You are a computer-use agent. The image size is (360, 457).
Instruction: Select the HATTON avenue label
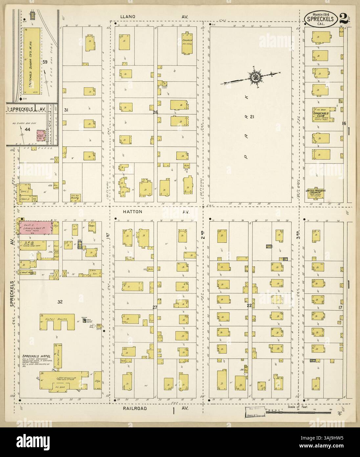pos(135,212)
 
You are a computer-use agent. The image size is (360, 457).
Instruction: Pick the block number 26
pos(156,112)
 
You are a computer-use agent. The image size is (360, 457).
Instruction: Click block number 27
pos(155,308)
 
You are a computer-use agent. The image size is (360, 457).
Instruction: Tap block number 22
pos(249,305)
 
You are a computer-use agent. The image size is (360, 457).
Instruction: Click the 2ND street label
pos(203,234)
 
